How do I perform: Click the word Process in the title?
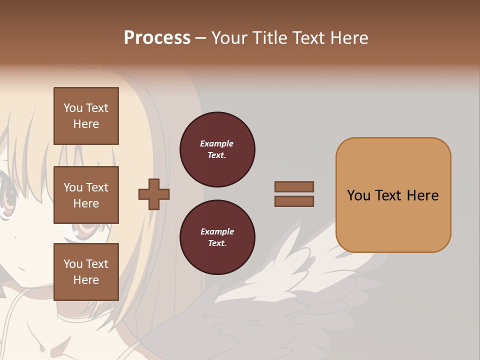(x=157, y=38)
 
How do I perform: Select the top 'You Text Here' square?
(x=86, y=116)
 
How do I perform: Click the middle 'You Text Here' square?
(x=86, y=195)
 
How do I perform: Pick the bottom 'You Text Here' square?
(x=86, y=272)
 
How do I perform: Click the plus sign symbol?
(x=154, y=194)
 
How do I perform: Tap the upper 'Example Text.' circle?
(x=217, y=149)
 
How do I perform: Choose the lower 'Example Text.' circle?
(x=217, y=237)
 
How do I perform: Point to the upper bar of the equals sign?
(x=294, y=187)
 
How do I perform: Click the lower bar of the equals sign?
(x=294, y=201)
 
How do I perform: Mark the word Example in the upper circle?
(x=217, y=144)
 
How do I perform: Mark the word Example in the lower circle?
(x=217, y=232)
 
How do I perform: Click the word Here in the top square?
(x=86, y=124)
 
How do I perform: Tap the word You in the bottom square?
(x=73, y=264)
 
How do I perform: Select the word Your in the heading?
(x=230, y=38)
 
